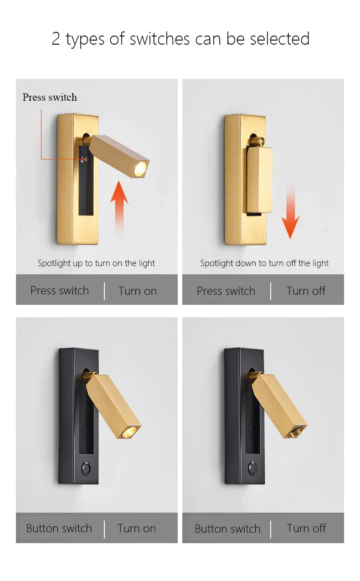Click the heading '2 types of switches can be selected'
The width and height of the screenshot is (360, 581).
tap(180, 39)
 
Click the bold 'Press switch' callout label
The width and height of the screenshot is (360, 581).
tap(50, 97)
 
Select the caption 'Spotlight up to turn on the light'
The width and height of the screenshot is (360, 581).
tap(96, 263)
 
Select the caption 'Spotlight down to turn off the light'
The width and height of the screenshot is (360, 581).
tap(264, 263)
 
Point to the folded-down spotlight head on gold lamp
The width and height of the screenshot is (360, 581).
tap(259, 180)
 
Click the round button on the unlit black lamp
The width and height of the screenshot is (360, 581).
tap(252, 468)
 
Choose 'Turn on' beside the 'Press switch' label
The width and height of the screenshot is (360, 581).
tap(137, 291)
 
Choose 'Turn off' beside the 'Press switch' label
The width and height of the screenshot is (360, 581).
tap(306, 291)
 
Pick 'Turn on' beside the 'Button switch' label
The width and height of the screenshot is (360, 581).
tap(136, 528)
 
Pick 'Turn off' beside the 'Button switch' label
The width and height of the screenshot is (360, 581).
tap(306, 528)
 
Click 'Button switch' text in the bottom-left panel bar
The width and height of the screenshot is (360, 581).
tap(59, 528)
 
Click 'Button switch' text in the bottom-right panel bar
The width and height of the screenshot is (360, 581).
tap(227, 529)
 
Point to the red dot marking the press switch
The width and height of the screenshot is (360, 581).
tap(83, 159)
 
